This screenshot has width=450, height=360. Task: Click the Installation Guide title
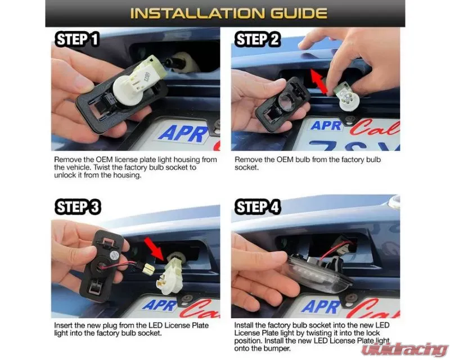coord(229,13)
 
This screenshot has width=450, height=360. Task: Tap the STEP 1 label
coord(77,39)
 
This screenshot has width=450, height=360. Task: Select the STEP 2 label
coord(258,39)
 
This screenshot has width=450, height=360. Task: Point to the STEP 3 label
coord(78,206)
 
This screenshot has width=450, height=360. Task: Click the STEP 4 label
coord(258,206)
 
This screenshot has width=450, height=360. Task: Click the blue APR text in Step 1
coord(183,133)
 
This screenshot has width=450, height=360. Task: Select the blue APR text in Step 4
coord(321,307)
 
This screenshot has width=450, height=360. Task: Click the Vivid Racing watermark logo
coord(404,350)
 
